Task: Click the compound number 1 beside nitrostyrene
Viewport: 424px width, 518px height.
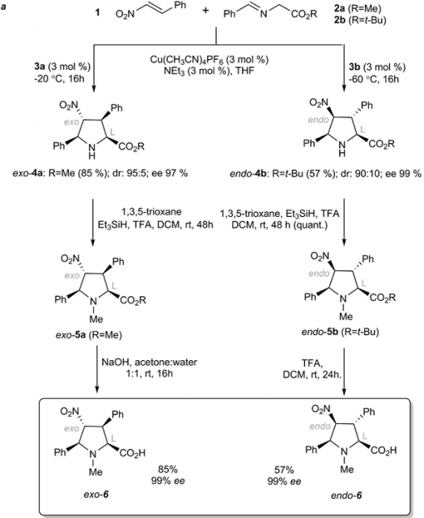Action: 97,14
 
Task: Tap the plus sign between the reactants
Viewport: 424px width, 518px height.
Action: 206,11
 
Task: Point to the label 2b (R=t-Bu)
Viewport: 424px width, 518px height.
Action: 360,20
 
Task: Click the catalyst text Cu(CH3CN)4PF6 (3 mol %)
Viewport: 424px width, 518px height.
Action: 210,60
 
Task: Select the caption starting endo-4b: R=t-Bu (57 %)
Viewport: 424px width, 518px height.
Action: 325,173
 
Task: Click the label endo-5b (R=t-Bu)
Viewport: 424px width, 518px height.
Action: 341,332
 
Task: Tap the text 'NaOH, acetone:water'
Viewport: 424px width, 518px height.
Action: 149,363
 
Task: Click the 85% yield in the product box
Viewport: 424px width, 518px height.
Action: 167,469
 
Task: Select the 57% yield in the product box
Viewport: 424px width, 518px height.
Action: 284,469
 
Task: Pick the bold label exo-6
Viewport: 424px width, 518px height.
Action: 95,495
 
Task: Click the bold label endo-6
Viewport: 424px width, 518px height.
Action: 346,495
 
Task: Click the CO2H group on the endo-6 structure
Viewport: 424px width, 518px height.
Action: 384,451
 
